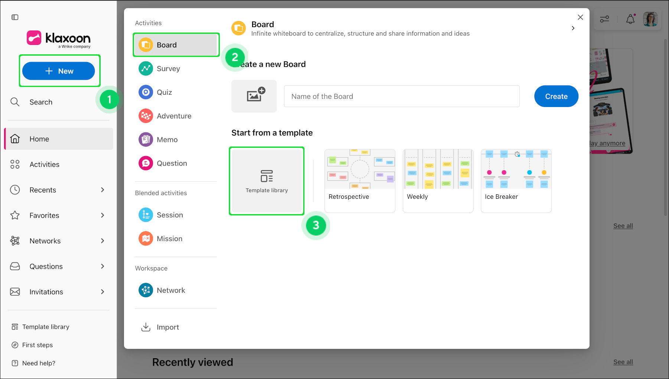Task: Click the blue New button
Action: (59, 71)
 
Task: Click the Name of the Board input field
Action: (402, 96)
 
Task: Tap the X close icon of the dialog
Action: (580, 17)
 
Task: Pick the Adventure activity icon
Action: (146, 116)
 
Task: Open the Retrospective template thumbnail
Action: (360, 169)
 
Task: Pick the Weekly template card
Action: (438, 181)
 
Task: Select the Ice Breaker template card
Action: (516, 181)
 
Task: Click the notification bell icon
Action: (630, 19)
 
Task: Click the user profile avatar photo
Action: (650, 19)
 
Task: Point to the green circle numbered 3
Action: (316, 225)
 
